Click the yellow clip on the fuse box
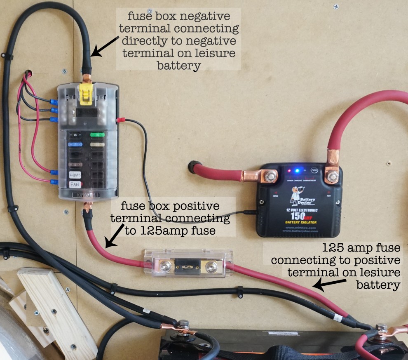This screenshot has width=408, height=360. [85, 94]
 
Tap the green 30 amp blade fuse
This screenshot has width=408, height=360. [97, 135]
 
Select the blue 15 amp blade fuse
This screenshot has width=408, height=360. [75, 145]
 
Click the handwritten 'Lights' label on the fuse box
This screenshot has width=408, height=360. [75, 174]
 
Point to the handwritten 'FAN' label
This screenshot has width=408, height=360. [75, 184]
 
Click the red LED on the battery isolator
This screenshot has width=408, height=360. [290, 170]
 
